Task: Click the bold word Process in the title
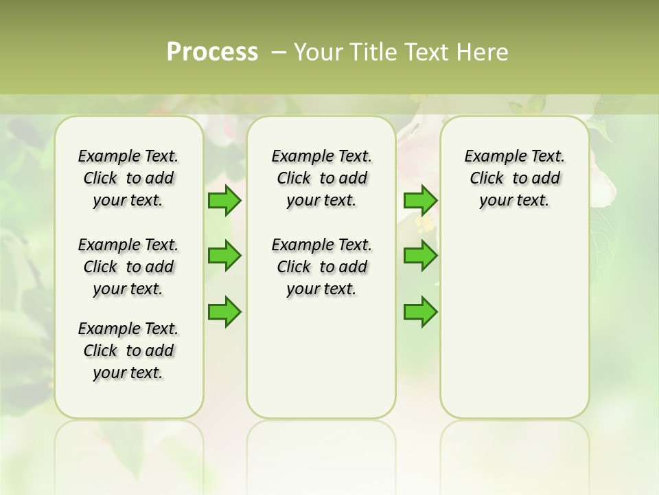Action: (212, 52)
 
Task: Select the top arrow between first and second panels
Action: (224, 201)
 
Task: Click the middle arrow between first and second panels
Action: (224, 256)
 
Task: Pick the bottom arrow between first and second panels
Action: (224, 311)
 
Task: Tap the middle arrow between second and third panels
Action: (420, 256)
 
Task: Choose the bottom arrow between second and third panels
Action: (420, 311)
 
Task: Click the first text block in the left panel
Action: (128, 178)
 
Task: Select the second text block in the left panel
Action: (128, 267)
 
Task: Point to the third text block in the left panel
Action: (128, 351)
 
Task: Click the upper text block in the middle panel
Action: (322, 178)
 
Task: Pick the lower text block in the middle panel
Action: (322, 267)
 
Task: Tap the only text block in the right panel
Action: (515, 178)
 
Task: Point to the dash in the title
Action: (279, 52)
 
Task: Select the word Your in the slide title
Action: (319, 52)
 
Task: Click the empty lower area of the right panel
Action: (515, 323)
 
